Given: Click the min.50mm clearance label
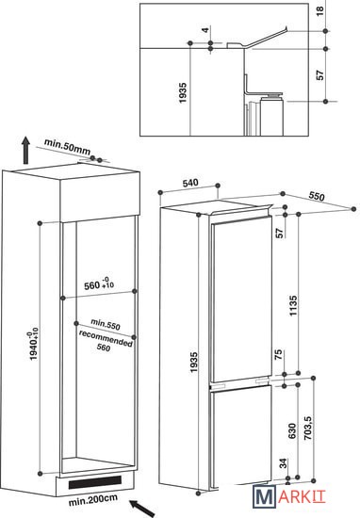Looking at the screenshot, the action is click(67, 147).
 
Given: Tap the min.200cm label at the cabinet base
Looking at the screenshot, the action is click(93, 500).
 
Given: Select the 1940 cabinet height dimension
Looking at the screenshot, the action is click(34, 344).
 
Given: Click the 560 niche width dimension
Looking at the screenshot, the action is click(99, 283).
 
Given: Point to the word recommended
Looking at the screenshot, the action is click(106, 339).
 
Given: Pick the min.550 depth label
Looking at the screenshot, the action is click(106, 324).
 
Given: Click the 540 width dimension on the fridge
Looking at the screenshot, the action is click(190, 183).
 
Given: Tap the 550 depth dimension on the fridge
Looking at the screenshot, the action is click(317, 196).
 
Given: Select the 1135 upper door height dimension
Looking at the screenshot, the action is click(293, 305).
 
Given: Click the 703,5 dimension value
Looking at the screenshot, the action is click(308, 429).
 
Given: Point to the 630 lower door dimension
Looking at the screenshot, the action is click(292, 431).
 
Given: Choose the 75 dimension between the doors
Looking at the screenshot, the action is click(279, 354).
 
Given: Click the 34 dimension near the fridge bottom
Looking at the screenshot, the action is click(284, 463).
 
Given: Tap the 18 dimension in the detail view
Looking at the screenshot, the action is click(320, 10).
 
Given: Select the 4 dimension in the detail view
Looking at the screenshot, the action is click(205, 30).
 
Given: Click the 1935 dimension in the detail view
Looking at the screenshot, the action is click(183, 93).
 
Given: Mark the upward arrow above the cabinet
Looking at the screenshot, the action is click(25, 151).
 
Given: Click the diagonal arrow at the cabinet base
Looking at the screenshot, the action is click(142, 508).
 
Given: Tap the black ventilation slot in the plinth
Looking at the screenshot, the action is click(95, 482).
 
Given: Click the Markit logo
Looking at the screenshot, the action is click(289, 496).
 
